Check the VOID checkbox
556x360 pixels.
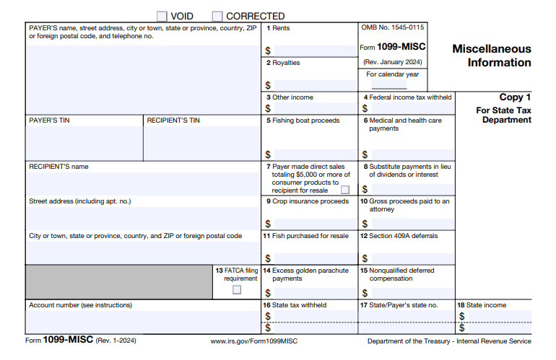[162, 16]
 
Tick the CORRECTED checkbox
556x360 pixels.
[217, 16]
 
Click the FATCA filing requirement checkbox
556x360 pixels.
[237, 290]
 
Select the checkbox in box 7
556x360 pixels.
[345, 190]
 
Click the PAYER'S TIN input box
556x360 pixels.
[84, 142]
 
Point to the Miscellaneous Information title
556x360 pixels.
[491, 56]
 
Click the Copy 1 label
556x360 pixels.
[515, 97]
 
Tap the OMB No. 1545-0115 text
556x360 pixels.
[393, 27]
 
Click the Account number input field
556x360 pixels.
[142, 321]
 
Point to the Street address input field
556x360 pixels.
[142, 218]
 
